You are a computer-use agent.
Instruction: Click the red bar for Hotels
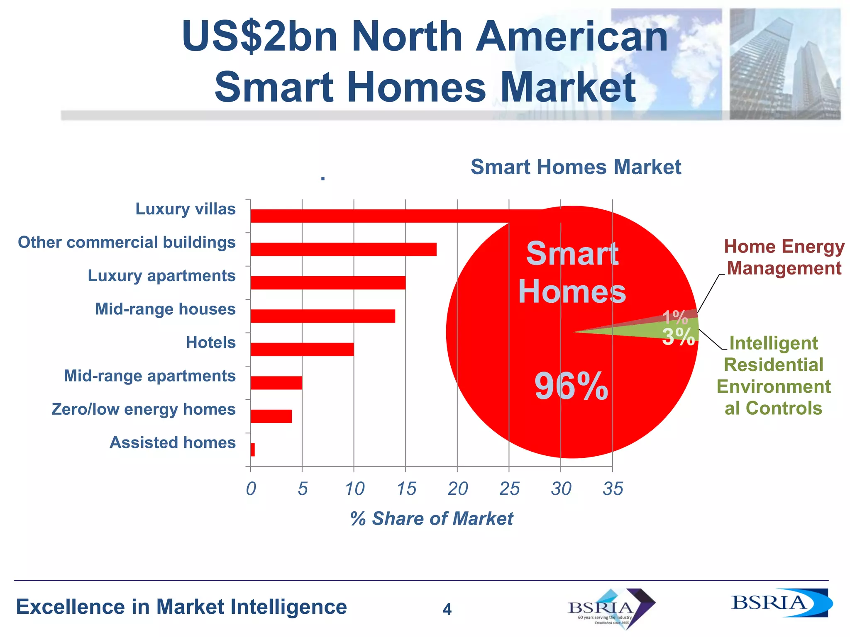tap(302, 349)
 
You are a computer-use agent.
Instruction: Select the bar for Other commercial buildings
tap(343, 249)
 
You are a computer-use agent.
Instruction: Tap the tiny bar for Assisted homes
tap(253, 450)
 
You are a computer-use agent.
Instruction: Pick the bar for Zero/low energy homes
tap(271, 416)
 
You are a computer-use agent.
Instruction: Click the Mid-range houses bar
tap(322, 316)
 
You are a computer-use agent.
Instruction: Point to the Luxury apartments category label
tap(161, 276)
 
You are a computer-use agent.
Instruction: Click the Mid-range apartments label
tap(149, 376)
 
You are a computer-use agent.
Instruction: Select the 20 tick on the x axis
tap(457, 489)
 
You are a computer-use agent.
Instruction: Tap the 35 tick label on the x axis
tap(613, 489)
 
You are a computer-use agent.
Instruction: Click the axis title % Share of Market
tap(432, 518)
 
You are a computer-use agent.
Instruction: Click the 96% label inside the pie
tap(571, 387)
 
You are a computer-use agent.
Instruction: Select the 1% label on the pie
tap(675, 318)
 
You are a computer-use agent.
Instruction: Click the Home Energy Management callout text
tap(784, 257)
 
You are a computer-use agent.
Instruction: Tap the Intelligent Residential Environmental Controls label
tap(773, 375)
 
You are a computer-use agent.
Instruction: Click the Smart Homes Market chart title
tap(576, 167)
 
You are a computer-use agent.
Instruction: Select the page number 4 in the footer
tap(447, 609)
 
